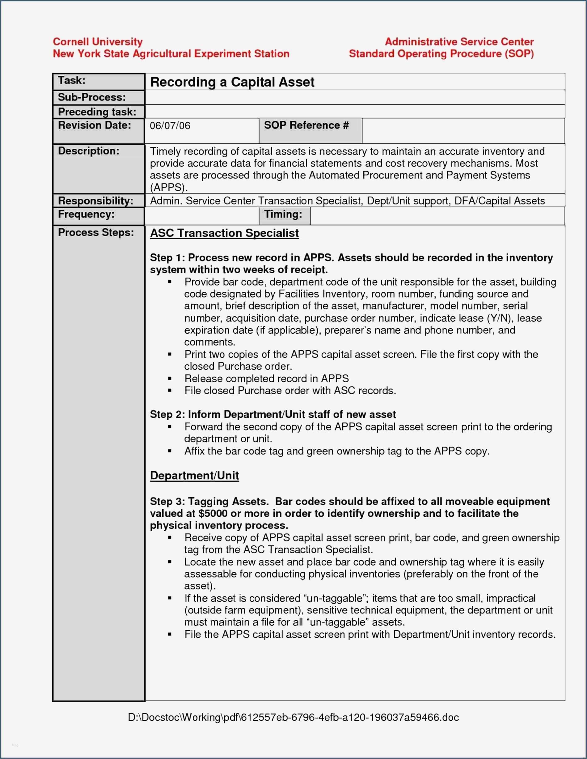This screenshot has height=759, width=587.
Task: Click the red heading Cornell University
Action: pos(98,42)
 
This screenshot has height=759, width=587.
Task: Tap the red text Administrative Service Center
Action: pos(459,42)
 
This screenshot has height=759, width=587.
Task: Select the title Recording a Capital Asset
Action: pos(232,82)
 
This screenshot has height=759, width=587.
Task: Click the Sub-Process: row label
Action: pos(92,97)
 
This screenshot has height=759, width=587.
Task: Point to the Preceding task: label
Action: pos(97,112)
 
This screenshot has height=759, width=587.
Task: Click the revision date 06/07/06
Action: pos(170,125)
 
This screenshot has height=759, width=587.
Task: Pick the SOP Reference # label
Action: pos(306,125)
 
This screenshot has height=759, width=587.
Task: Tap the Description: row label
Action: pos(89,151)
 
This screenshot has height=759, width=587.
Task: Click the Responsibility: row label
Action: pos(95,201)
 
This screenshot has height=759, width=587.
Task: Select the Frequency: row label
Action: pos(86,214)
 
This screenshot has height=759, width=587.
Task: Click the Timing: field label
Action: pos(283,214)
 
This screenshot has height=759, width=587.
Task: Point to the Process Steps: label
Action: pos(96,232)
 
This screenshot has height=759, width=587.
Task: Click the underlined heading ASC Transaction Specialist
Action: pos(224,233)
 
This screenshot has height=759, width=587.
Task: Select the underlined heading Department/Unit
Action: pos(194,475)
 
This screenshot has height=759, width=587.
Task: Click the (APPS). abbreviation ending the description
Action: pos(169,187)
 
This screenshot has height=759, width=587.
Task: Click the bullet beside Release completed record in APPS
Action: pos(170,379)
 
